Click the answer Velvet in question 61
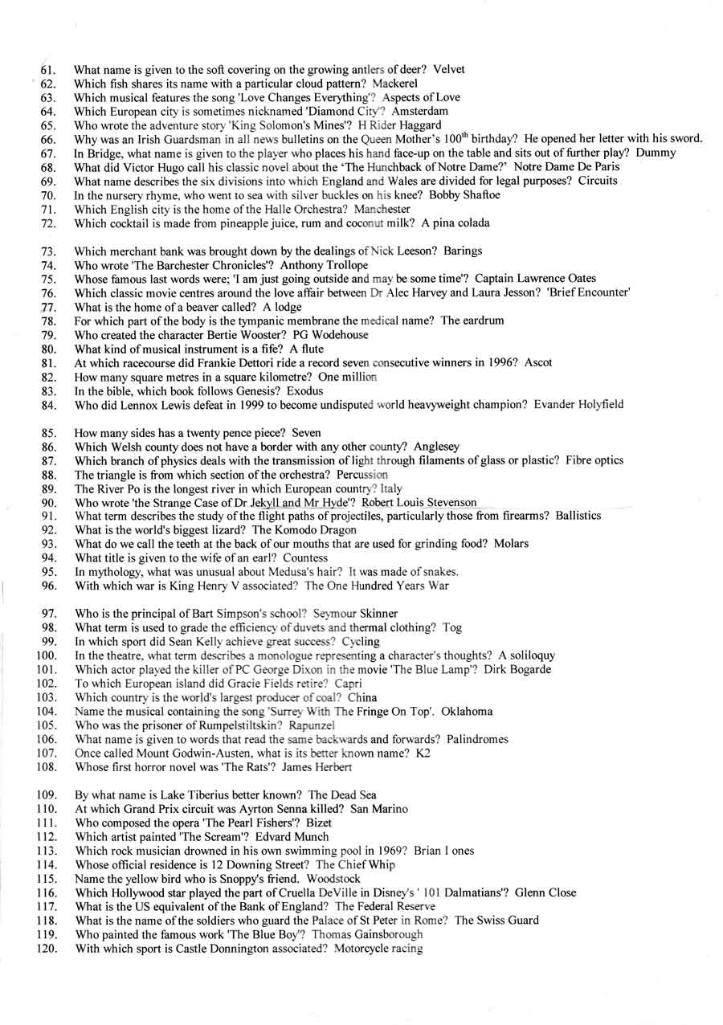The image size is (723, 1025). click(449, 69)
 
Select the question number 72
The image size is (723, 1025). click(47, 223)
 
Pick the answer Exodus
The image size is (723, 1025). click(305, 390)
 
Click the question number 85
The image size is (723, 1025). click(47, 433)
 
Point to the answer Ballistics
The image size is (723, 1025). click(578, 516)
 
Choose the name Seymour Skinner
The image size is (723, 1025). click(348, 614)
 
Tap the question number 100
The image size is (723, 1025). click(45, 655)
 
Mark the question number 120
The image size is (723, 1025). click(45, 949)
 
